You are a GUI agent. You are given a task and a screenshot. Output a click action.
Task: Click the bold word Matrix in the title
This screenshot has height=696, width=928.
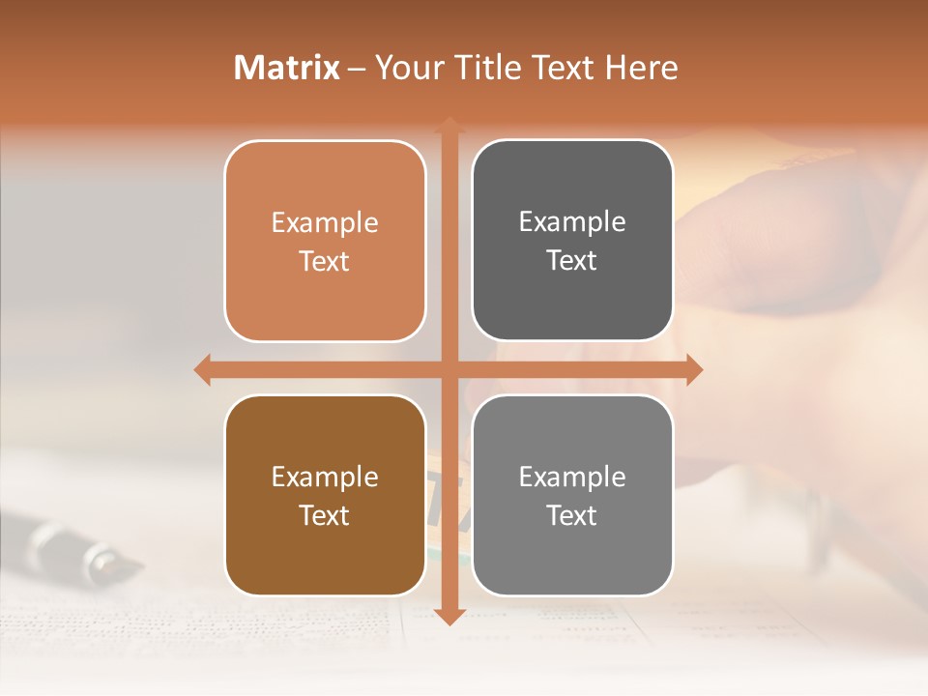pos(287,68)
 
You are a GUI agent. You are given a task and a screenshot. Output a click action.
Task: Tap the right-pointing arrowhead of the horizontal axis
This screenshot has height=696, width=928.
pos(694,369)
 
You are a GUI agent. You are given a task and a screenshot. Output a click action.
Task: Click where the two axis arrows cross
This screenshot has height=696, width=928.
pos(449,369)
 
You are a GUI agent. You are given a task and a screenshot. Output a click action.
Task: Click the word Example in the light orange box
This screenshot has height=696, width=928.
pos(325,223)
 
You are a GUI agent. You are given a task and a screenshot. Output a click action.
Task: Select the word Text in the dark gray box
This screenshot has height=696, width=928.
pos(572,261)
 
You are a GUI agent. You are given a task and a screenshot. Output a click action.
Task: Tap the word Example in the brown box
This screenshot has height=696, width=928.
pos(325,478)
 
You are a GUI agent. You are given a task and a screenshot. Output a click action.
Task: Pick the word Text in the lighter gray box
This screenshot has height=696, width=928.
pos(572,516)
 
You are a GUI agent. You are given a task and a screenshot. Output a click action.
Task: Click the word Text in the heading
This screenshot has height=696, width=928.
pos(565,68)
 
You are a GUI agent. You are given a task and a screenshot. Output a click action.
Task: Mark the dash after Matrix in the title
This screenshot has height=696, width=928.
pos(357,69)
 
